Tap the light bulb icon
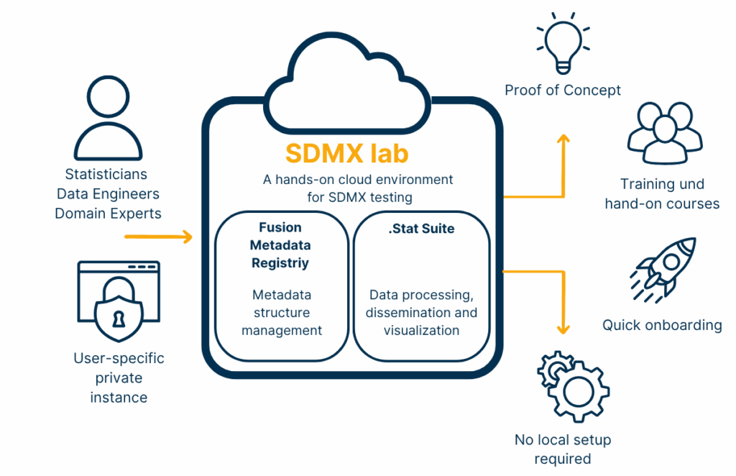click(x=563, y=43)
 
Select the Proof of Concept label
click(x=563, y=90)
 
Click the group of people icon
click(x=661, y=133)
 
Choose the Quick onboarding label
click(x=662, y=325)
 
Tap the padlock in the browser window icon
click(x=119, y=307)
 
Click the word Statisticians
click(x=106, y=174)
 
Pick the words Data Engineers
click(x=108, y=194)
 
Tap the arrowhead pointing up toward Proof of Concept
click(x=563, y=139)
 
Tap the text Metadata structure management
click(x=281, y=313)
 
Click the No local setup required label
click(x=563, y=449)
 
